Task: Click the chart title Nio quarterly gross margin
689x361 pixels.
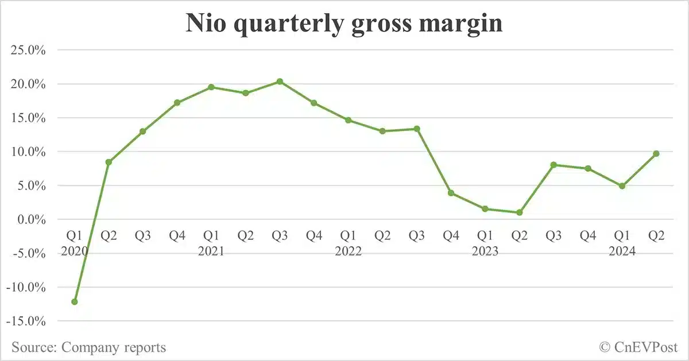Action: [x=344, y=24]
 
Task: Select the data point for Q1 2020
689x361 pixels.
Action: [x=75, y=301]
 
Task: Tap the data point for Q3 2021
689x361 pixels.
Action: [x=280, y=81]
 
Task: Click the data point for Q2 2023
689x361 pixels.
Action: [x=519, y=212]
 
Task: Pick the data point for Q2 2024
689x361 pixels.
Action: [x=656, y=153]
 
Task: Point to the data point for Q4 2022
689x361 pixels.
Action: [x=451, y=193]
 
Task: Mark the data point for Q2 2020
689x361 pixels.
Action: [x=109, y=162]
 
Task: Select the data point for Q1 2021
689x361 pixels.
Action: [x=211, y=87]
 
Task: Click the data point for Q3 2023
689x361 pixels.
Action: [x=553, y=165]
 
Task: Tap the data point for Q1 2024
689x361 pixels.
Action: [x=622, y=186]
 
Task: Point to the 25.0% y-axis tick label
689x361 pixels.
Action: [x=28, y=51]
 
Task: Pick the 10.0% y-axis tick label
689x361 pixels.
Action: [x=28, y=152]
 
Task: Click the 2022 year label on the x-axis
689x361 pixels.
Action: [x=348, y=251]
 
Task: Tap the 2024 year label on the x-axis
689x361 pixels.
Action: [x=622, y=251]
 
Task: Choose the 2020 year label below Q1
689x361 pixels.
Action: [x=75, y=251]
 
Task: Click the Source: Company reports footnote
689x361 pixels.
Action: [x=88, y=347]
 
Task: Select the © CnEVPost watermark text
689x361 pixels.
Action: [x=638, y=347]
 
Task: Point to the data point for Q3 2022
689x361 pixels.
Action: [x=417, y=129]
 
